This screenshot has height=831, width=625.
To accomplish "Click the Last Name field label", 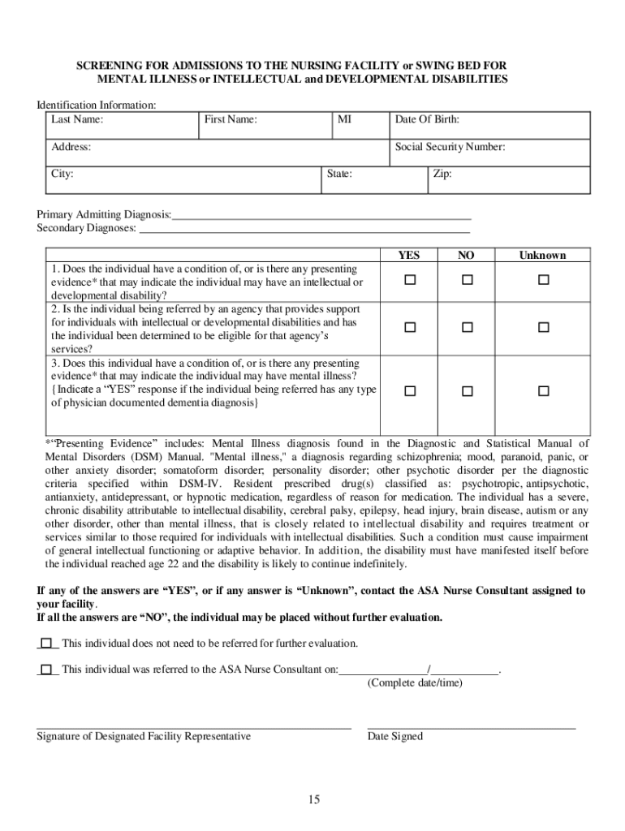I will click(77, 120).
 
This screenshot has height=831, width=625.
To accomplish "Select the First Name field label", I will click(231, 120).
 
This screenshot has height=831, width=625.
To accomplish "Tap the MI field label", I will click(345, 120).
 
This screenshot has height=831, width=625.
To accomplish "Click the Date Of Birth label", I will click(427, 120).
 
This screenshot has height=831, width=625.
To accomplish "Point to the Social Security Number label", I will click(450, 147).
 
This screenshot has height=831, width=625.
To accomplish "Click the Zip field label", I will click(442, 174).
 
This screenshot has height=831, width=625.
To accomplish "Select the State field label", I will click(339, 174).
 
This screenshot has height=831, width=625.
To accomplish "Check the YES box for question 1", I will click(410, 280).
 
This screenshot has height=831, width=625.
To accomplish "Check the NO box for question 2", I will click(467, 327).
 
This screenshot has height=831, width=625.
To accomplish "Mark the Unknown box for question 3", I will click(543, 390).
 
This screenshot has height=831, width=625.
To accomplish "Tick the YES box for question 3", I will click(410, 390).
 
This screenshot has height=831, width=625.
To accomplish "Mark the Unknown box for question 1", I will click(543, 280).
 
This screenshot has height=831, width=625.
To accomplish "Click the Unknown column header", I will click(542, 255).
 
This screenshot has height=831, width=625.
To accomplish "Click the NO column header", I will click(466, 255).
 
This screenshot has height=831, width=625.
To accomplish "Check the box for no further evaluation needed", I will click(46, 643).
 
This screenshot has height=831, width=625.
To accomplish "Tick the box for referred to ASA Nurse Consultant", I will click(46, 670).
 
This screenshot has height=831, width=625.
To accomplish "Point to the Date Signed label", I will click(394, 736).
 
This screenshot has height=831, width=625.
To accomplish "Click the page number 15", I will click(313, 800).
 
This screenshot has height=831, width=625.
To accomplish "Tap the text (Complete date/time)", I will click(414, 682).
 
